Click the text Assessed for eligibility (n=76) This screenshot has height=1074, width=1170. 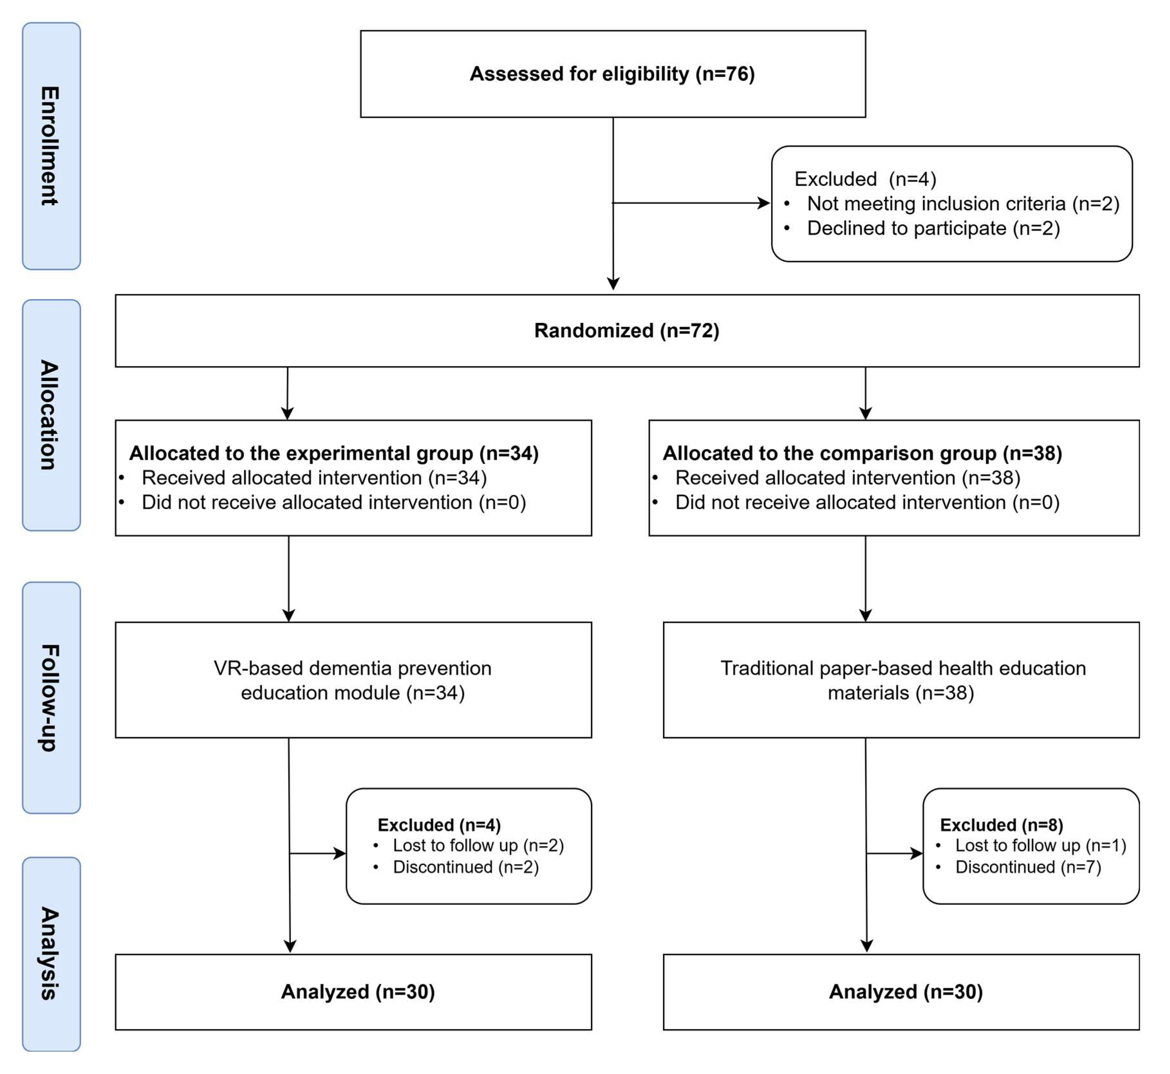coord(612,74)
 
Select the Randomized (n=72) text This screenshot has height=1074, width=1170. coord(627,331)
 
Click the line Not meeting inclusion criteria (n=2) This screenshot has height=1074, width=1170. coord(963,203)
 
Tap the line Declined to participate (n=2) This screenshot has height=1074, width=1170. coord(933,228)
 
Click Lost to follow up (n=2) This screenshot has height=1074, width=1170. coord(478,846)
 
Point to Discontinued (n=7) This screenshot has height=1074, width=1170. coord(1028,867)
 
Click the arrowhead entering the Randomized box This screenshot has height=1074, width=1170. coord(613,284)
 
